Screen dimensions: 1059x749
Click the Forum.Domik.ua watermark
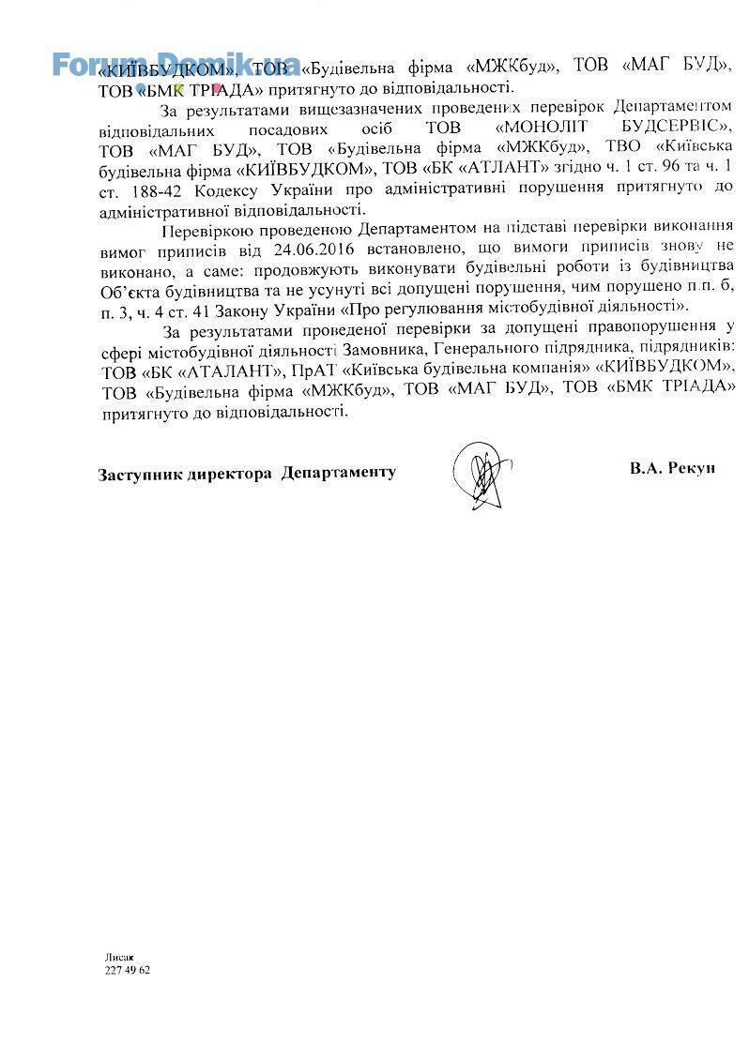pos(176,64)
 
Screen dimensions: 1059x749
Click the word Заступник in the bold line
pos(142,473)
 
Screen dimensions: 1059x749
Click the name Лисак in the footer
pos(119,957)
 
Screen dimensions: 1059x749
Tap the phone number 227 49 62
pos(128,970)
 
